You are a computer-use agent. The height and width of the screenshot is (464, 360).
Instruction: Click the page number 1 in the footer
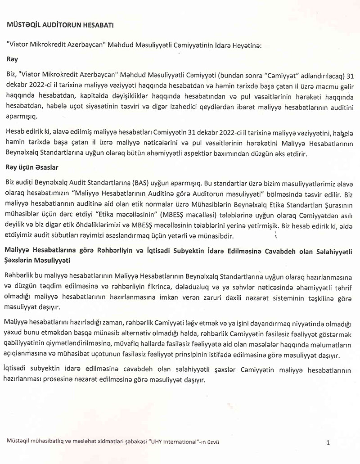pyautogui.click(x=328, y=443)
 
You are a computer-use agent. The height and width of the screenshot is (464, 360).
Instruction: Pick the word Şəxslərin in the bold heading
pyautogui.click(x=20, y=260)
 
